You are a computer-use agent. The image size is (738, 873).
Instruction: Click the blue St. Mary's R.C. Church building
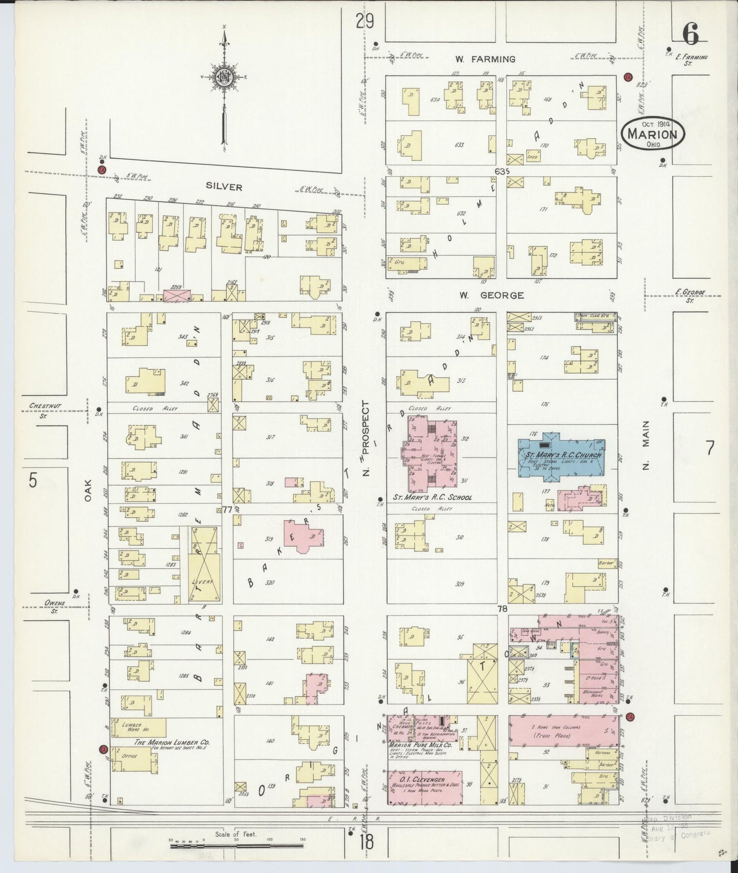(x=561, y=456)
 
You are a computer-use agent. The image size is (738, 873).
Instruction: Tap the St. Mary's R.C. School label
(x=432, y=497)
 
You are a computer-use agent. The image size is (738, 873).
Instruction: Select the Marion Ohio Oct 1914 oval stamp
(x=652, y=134)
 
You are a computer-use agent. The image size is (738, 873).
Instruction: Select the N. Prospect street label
(x=365, y=439)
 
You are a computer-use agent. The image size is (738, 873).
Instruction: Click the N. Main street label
(x=646, y=445)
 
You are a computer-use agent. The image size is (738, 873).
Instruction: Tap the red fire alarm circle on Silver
(x=102, y=169)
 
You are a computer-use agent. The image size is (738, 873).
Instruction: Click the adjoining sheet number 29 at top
(x=365, y=21)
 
